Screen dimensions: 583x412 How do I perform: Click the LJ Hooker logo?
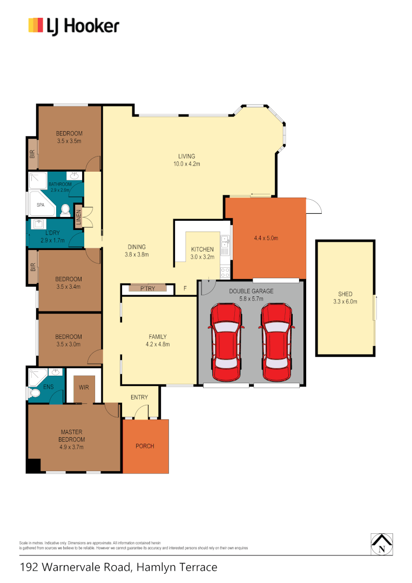click(x=73, y=25)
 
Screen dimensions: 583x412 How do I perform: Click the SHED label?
click(x=345, y=294)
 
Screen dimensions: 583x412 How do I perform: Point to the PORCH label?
click(x=145, y=446)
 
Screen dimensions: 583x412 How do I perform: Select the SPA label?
click(x=40, y=205)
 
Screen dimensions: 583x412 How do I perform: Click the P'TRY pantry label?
click(x=147, y=289)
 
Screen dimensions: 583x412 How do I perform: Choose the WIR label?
click(x=84, y=387)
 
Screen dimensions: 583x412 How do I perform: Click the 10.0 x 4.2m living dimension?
click(x=187, y=164)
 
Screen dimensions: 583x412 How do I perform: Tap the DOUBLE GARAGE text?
click(x=251, y=291)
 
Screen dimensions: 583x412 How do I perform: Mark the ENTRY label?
click(x=139, y=398)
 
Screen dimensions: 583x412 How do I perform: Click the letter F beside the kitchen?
click(x=185, y=289)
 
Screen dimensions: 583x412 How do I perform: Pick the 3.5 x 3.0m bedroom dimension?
click(x=68, y=344)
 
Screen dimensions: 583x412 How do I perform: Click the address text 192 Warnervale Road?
click(x=76, y=567)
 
